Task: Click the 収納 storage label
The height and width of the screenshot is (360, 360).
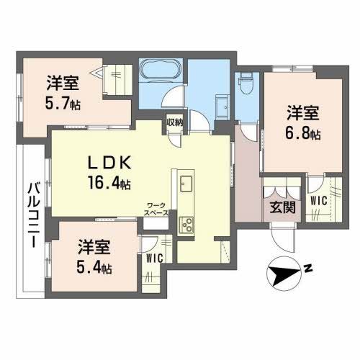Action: [175, 122]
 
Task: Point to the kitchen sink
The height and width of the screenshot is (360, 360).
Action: [186, 182]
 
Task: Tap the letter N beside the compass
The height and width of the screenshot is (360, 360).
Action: [307, 269]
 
